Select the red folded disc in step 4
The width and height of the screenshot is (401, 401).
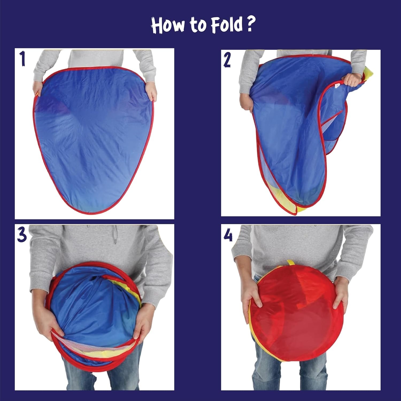point(296,312)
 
